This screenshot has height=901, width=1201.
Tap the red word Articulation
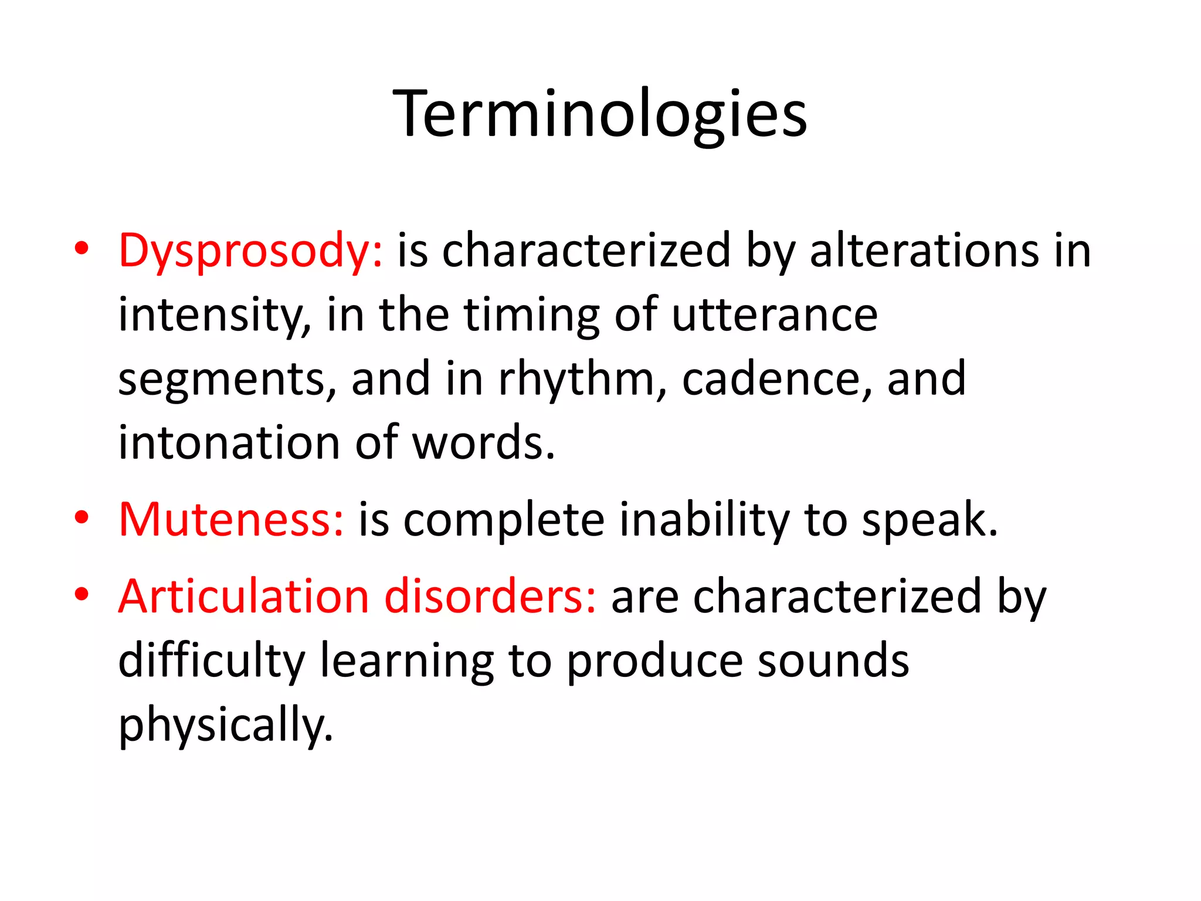(243, 597)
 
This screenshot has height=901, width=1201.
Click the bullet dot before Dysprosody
(82, 249)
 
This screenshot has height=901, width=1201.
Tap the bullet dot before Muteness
(82, 517)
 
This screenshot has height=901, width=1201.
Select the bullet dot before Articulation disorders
(82, 594)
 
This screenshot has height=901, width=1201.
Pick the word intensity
(214, 316)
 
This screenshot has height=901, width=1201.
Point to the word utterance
(774, 316)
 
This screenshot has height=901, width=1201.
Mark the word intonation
(229, 443)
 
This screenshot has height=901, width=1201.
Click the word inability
(704, 520)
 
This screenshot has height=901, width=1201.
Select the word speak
(929, 520)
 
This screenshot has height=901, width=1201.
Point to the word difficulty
(212, 661)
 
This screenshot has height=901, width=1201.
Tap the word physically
(226, 725)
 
